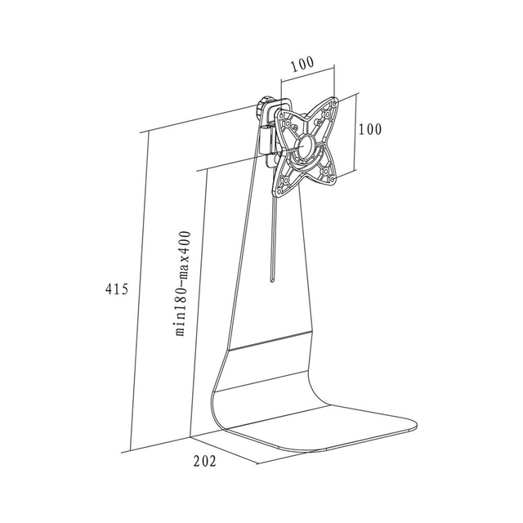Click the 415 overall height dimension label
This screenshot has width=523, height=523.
tap(117, 288)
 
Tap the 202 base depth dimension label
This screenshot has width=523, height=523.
tap(205, 461)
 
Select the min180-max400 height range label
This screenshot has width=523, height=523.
tap(184, 284)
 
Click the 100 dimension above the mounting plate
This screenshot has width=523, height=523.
tap(302, 65)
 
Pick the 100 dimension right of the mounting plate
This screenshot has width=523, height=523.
tap(369, 129)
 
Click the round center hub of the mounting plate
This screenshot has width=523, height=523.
tap(306, 147)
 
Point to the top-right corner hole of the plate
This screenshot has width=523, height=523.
tap(334, 103)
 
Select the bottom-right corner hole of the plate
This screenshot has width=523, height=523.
tap(333, 180)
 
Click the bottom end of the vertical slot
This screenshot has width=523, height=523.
tap(272, 282)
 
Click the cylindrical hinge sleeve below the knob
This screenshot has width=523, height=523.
tap(266, 140)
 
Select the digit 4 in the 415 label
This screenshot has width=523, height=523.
tap(109, 288)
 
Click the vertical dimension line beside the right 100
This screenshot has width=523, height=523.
tap(355, 132)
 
